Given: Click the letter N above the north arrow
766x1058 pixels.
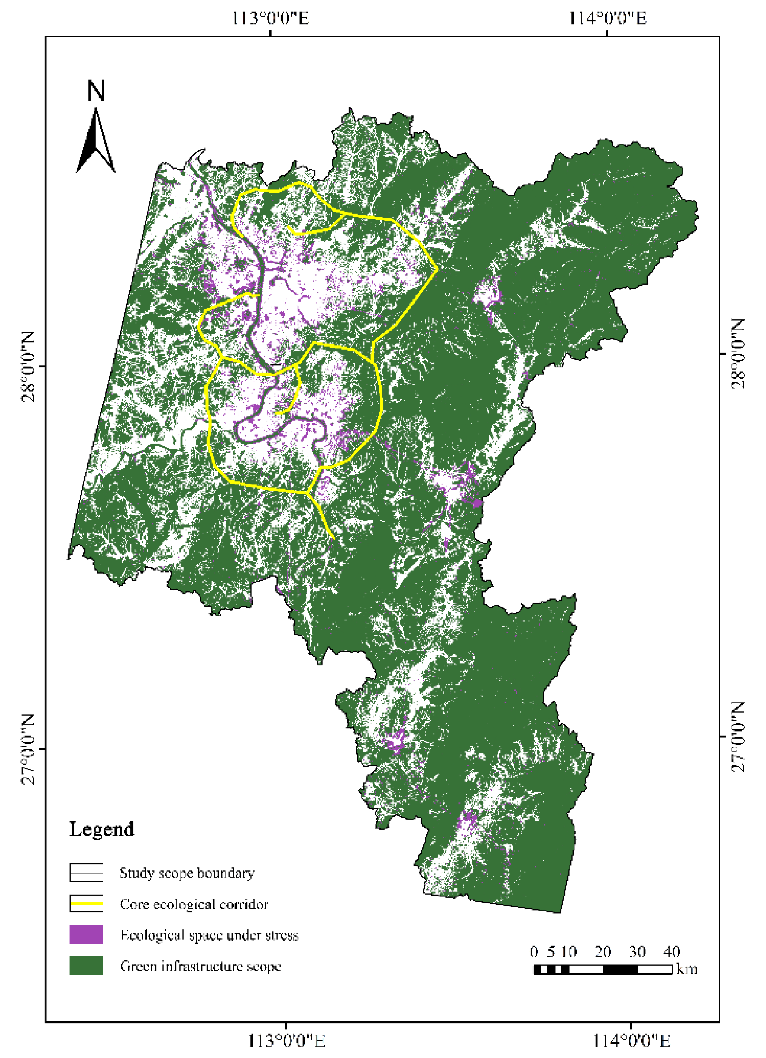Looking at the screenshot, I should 96,91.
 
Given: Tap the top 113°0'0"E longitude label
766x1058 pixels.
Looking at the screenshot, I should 270,19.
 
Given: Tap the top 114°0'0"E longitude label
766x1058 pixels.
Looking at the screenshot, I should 607,19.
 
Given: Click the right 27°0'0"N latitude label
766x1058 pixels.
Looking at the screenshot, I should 738,737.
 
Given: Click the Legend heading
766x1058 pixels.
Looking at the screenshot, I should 102,829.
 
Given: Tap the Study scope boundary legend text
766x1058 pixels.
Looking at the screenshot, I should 187,873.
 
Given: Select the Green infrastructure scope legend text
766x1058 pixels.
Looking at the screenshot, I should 200,966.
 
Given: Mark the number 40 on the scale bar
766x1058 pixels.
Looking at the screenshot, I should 672,952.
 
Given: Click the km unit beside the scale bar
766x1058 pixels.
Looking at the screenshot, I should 687,969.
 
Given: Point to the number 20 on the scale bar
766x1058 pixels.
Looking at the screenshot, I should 603,952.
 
